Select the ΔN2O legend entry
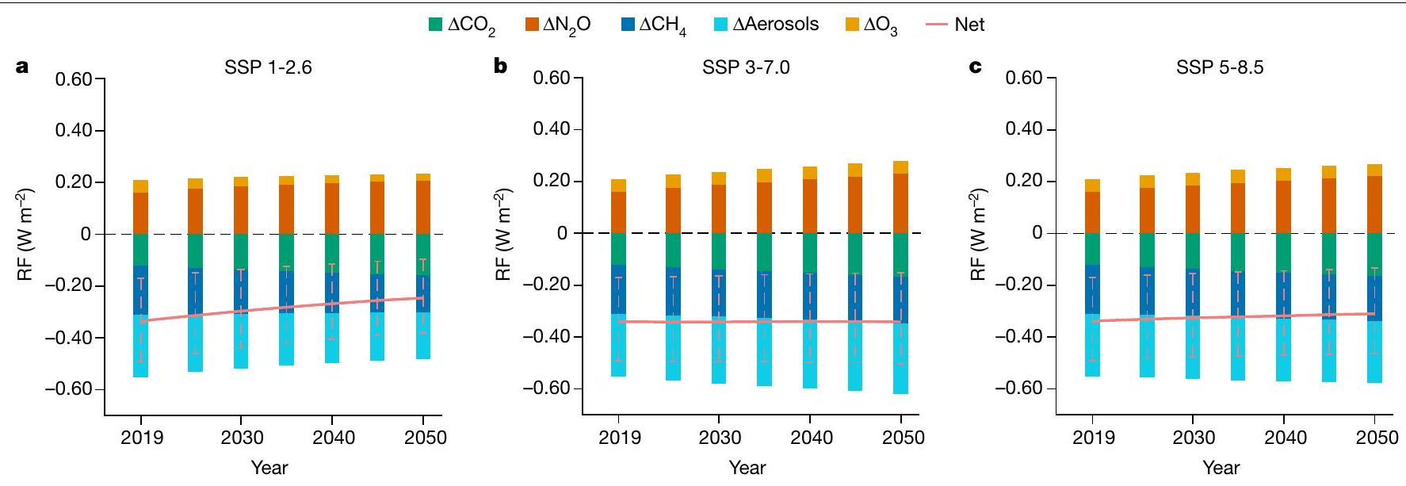pos(557,25)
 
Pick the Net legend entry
pos(955,25)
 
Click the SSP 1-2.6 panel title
pos(269,67)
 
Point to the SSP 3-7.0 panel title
pos(746,67)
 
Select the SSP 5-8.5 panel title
pos(1220,67)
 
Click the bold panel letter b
pos(500,67)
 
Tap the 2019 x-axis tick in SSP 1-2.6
pos(141,438)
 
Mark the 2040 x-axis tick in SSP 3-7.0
pos(811,438)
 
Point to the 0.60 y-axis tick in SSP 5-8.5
pos(1025,78)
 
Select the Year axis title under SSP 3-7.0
pos(747,467)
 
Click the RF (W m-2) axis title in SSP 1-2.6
pos(25,234)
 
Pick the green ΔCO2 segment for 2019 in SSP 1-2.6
pos(141,249)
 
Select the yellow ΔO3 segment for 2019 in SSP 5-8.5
pos(1092,186)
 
